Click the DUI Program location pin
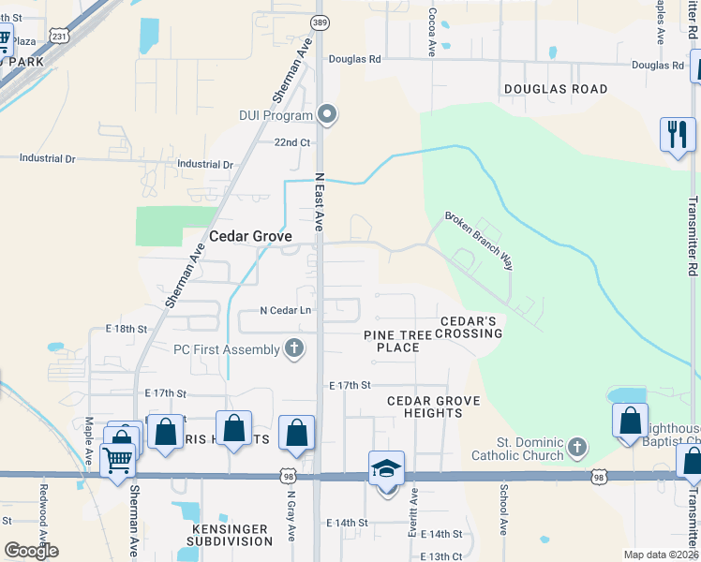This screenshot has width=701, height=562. coord(327,115)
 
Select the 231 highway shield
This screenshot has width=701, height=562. coord(59,37)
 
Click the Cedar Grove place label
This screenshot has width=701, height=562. coord(250,237)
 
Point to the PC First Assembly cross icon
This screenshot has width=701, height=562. coord(294,349)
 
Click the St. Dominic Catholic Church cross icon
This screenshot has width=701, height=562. coord(577,447)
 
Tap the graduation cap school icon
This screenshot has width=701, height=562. coord(386,468)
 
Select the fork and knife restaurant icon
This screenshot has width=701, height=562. coord(677,133)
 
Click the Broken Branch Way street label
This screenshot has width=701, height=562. coord(479,239)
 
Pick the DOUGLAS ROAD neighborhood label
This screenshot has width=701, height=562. coord(556,89)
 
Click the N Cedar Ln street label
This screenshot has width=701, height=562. coord(285,311)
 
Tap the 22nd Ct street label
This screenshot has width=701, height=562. coord(291,142)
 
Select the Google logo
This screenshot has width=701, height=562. coord(31,551)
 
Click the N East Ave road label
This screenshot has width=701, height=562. coord(319,201)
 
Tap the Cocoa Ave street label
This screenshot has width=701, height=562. coord(432,33)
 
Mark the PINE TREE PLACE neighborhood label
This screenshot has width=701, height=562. coord(397,341)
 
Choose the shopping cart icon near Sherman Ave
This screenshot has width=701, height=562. coord(116,460)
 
